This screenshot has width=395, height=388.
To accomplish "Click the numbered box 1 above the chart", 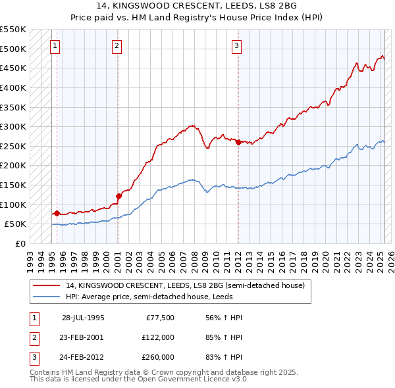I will pos(55,46).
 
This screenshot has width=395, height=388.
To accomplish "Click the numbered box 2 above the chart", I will pos(117,46).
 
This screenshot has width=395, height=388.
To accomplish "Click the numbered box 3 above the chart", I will pos(236,46).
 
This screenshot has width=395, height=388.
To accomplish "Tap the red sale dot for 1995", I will pos(57,213).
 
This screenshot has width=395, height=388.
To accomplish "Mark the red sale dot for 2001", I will pos(119,195).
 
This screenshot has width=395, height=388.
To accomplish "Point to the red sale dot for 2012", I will pos(238,142).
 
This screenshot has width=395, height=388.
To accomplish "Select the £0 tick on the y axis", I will pos(22,243).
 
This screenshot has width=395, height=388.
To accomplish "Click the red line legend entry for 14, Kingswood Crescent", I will pos(184,285).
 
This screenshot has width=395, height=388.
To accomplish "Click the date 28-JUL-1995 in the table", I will pos(83,318).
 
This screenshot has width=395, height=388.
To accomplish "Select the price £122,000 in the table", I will pos(159,337).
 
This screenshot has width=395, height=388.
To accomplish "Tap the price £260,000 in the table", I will pos(159,357).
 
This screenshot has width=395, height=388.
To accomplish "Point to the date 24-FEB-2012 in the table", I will pos(83,357).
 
